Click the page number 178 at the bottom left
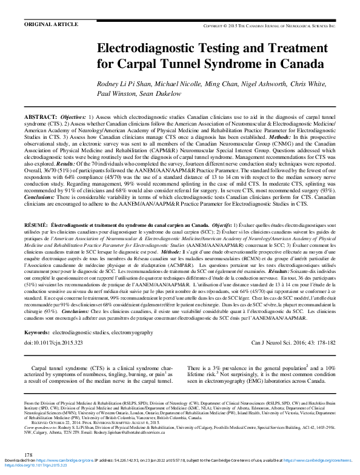[x=27, y=454]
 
